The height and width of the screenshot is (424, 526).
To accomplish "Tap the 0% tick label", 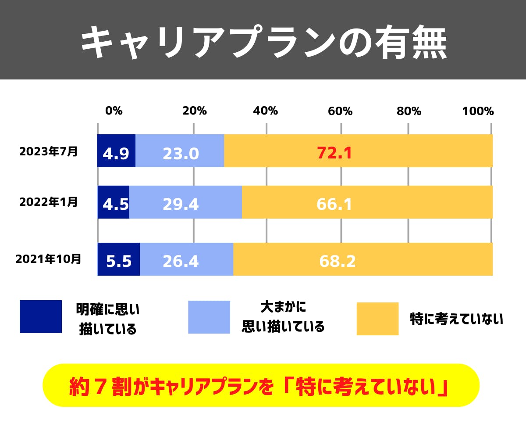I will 114,111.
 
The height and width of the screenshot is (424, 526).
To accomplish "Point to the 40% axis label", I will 266,111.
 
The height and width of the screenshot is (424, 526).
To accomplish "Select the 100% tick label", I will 478,111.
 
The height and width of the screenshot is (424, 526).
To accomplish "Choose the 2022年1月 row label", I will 48,202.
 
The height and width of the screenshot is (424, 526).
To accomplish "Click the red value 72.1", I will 334,153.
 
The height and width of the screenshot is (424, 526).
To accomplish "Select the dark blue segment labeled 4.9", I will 116,151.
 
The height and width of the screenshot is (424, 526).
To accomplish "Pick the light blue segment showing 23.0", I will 180,151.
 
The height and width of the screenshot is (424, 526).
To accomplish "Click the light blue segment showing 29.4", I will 185,202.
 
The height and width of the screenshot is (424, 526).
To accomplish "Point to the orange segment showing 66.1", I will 367,202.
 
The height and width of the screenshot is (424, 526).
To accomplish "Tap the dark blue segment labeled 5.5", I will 119,259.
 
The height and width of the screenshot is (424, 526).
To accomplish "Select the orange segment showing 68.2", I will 363,259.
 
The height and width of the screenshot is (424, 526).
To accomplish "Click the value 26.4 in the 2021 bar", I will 181,261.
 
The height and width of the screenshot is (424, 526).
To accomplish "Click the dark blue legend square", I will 41,316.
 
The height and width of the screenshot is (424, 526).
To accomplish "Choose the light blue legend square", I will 209,317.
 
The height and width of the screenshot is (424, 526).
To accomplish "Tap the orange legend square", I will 377,319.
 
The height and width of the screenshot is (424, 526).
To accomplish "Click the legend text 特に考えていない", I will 456,319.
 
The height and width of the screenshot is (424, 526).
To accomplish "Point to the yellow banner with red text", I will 261,385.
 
